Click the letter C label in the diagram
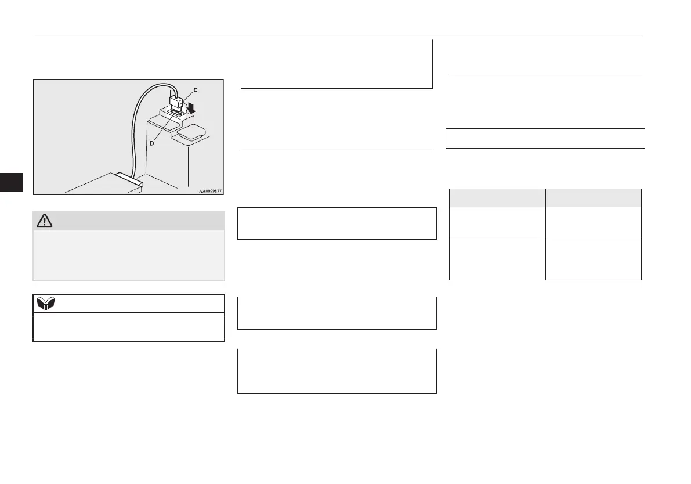(x=195, y=90)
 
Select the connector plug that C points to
(x=177, y=103)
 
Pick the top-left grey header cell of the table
(x=497, y=197)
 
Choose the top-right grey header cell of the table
(x=593, y=197)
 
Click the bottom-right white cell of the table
(x=593, y=258)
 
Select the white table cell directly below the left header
(x=497, y=222)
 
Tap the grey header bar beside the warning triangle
(x=139, y=220)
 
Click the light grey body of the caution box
(x=128, y=255)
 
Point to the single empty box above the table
(x=545, y=138)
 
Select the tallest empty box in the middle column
(x=337, y=371)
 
